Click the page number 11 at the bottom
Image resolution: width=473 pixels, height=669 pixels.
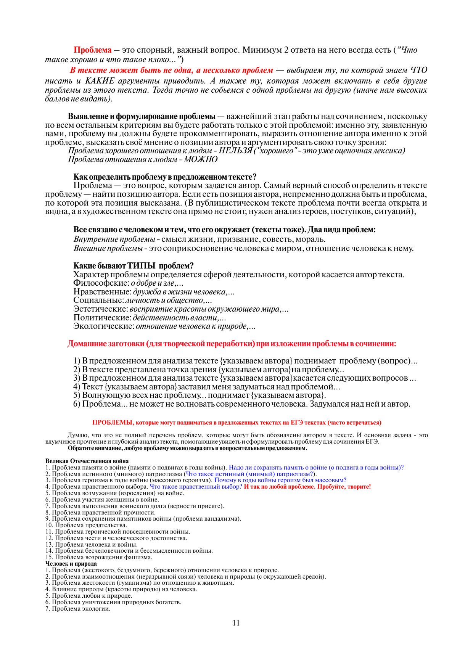pos(236,623)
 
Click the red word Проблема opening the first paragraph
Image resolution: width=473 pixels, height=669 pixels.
pos(92,50)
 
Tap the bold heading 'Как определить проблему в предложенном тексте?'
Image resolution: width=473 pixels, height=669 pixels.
pos(165,177)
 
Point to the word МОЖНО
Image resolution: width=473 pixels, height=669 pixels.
pos(201,159)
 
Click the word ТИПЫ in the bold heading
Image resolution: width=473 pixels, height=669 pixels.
pos(141,266)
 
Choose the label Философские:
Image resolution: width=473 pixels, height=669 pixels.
pos(101,283)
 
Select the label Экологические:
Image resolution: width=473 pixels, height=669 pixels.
pos(104,326)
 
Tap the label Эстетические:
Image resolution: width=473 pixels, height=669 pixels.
pos(100,309)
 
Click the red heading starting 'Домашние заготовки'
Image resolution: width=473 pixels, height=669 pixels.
pos(232,344)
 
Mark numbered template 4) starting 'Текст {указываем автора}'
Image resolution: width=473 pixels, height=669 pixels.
pos(206,387)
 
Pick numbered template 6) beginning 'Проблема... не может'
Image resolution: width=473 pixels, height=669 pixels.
pos(241,404)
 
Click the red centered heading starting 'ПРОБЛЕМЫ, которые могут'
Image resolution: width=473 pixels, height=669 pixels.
pos(236,423)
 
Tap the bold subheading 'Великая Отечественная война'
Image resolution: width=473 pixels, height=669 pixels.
pos(87,461)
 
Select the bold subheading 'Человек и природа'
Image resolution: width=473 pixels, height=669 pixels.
pos(71,564)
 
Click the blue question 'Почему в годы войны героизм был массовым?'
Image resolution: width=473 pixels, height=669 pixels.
pos(280,480)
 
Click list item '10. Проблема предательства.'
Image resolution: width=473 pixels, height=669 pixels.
pos(86,525)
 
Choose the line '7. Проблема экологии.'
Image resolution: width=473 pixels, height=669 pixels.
pos(78,609)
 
